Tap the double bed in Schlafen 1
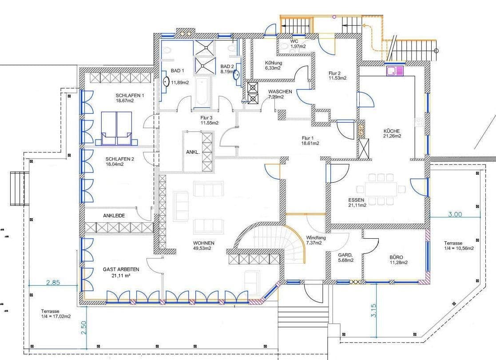click(x=116, y=128)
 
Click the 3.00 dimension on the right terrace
click(x=455, y=214)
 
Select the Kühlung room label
click(x=273, y=65)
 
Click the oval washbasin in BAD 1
click(x=166, y=82)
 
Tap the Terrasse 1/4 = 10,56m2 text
click(x=459, y=246)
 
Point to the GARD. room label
click(x=345, y=258)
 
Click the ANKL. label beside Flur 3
click(x=193, y=152)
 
